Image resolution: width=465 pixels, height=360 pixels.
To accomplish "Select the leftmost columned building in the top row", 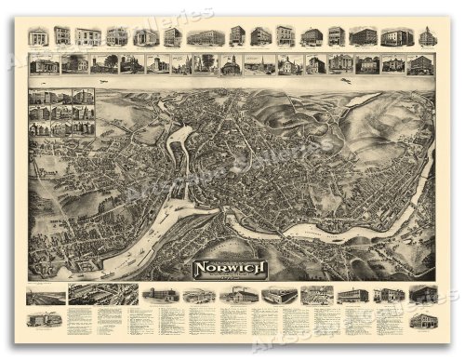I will point(38,36).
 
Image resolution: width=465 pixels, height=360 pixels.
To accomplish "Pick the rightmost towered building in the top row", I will point(427,36).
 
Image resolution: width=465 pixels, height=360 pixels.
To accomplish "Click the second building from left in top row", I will point(62,36).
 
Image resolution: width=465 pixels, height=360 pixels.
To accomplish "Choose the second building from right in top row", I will point(397,36).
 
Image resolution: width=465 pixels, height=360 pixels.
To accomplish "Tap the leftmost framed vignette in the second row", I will point(44,65).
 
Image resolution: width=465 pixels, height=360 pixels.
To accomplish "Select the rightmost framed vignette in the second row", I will point(420,65).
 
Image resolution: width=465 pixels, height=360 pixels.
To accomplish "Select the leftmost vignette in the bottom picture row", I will point(46,297).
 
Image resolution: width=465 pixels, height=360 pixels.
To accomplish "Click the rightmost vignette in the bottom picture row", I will point(423,295).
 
